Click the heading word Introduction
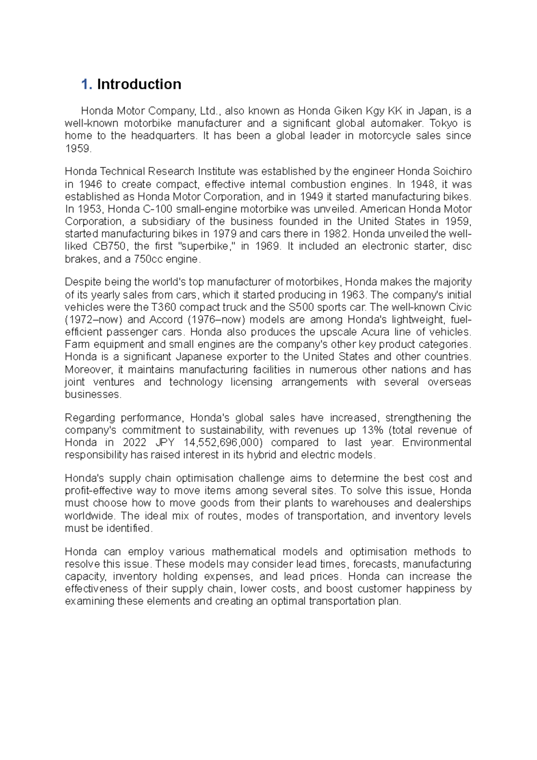pyautogui.click(x=139, y=84)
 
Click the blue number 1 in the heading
pyautogui.click(x=86, y=84)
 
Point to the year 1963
pyautogui.click(x=353, y=295)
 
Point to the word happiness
pyautogui.click(x=430, y=589)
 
